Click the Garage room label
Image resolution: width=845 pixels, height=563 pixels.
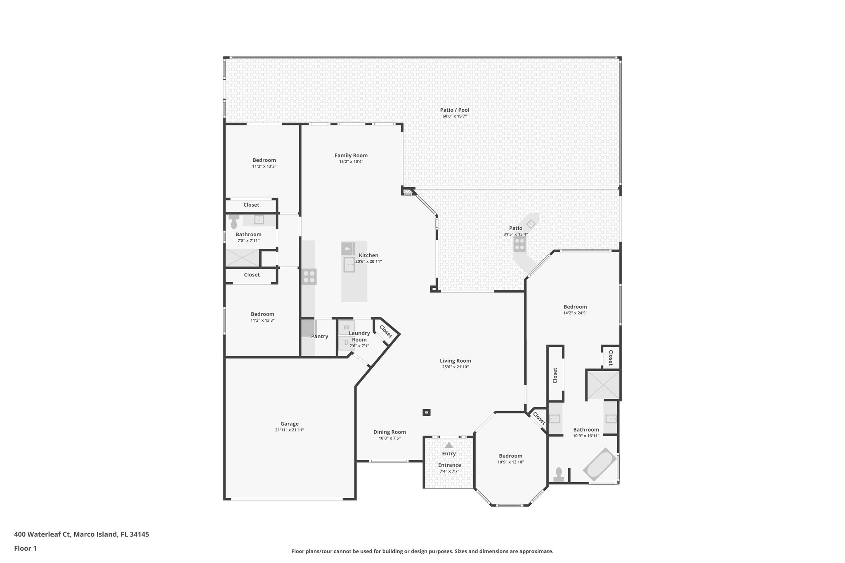click(289, 424)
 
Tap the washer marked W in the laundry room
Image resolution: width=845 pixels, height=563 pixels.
click(346, 327)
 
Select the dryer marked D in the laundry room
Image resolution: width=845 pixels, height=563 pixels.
click(346, 342)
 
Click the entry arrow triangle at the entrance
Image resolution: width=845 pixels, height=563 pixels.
click(449, 445)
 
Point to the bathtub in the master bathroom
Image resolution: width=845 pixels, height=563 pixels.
click(600, 464)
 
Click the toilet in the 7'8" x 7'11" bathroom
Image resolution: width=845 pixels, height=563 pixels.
click(234, 222)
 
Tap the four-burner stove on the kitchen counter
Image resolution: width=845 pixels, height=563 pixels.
click(309, 277)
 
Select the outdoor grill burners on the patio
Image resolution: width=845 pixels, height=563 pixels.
click(520, 244)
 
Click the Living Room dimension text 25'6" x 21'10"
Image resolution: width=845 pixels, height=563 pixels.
click(455, 367)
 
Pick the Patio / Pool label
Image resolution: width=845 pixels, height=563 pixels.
click(454, 110)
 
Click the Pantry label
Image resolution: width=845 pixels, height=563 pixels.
click(319, 336)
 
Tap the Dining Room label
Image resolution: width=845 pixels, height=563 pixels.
click(389, 432)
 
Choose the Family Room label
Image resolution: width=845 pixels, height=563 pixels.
click(351, 155)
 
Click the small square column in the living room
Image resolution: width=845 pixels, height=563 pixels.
click(427, 412)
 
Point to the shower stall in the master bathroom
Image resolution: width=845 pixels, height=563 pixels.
click(603, 385)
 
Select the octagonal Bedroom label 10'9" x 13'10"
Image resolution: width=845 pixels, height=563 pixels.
click(510, 456)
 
